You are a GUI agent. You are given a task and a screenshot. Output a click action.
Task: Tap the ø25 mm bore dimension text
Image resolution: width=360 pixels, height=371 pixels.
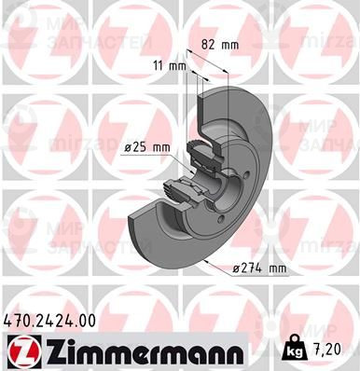pyautogui.click(x=146, y=147)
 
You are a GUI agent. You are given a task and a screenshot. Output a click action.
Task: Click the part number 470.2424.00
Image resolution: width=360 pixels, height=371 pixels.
pyautogui.click(x=49, y=319)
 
